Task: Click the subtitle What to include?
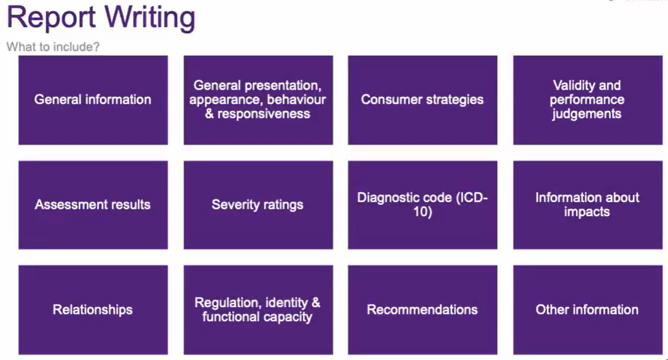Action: (x=53, y=47)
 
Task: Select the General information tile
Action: (x=93, y=100)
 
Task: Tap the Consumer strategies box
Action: (x=422, y=100)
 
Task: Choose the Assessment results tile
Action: (x=93, y=205)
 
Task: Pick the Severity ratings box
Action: (x=257, y=205)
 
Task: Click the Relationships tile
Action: (x=93, y=310)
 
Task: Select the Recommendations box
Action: (x=422, y=310)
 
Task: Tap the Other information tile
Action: (x=587, y=310)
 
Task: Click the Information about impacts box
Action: (x=587, y=205)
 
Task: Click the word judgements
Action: (x=587, y=114)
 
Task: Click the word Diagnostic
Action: (x=388, y=198)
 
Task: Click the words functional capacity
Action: (x=257, y=318)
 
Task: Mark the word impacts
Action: (x=587, y=213)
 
